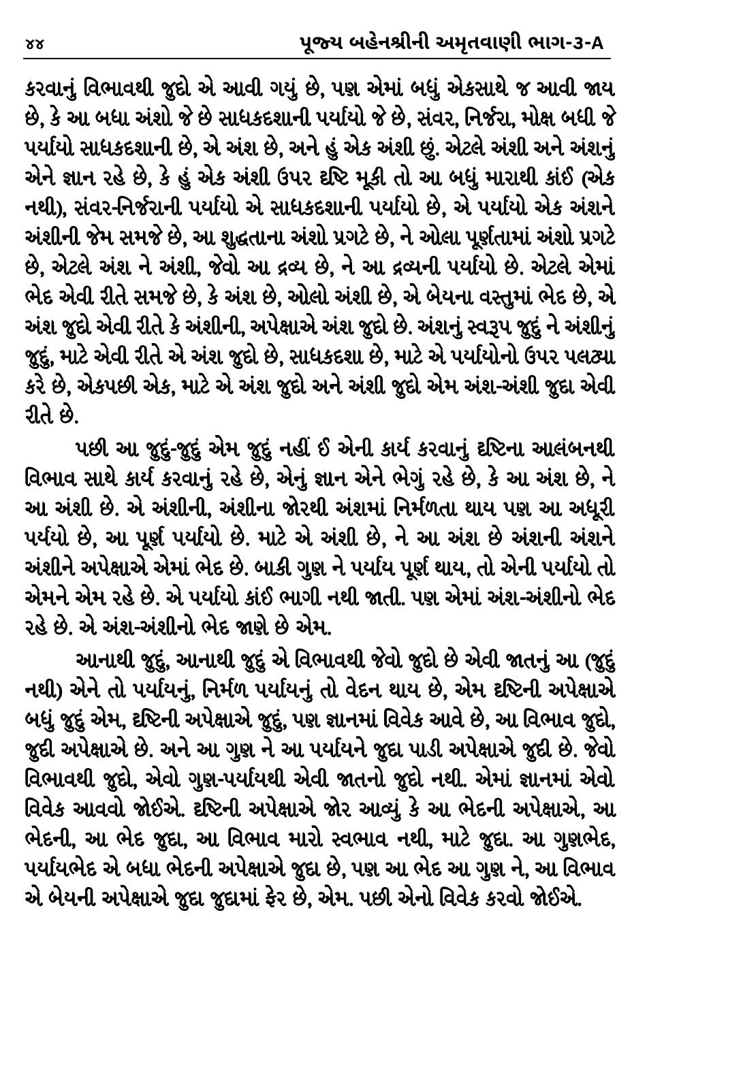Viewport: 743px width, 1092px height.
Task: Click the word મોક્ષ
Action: click(x=544, y=114)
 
